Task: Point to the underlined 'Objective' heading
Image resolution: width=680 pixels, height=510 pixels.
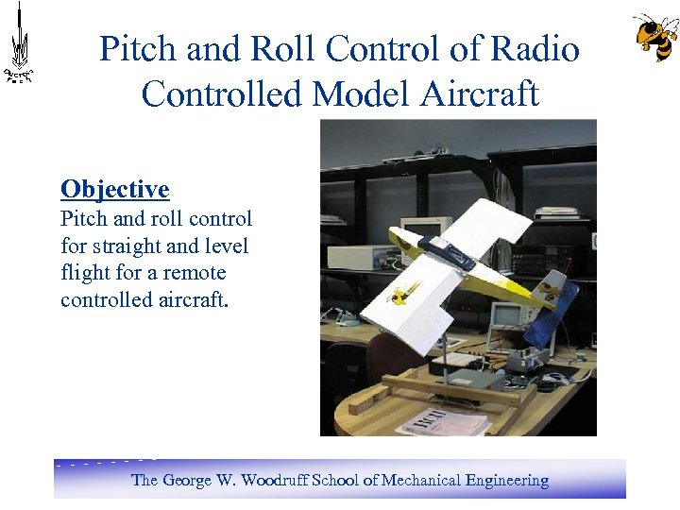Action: [114, 189]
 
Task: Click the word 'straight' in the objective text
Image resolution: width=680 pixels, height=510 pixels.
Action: [142, 246]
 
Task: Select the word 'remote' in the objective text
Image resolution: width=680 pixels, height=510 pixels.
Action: [193, 273]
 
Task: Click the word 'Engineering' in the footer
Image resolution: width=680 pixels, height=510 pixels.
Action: [506, 480]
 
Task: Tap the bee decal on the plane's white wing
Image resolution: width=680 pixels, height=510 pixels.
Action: [405, 294]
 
